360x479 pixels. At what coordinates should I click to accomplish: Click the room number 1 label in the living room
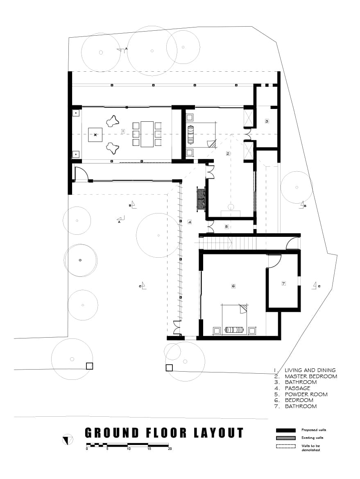point(123,131)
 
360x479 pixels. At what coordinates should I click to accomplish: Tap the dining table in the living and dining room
point(147,134)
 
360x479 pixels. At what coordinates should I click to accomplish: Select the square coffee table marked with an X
point(95,134)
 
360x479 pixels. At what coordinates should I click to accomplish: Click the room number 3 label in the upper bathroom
point(267,121)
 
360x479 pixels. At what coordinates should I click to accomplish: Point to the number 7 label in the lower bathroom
point(283,283)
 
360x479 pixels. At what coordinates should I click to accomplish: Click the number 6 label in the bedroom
point(233,286)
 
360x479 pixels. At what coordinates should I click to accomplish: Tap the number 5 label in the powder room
point(226,227)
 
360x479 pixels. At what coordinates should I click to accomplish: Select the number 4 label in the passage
point(190,222)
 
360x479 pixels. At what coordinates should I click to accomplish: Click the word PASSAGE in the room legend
point(297,388)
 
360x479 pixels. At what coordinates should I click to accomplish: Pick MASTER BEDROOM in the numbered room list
point(311,376)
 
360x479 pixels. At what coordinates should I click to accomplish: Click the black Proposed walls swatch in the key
point(285,430)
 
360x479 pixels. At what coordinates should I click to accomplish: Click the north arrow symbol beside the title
point(67,440)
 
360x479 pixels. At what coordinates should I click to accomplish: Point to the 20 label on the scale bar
point(170,449)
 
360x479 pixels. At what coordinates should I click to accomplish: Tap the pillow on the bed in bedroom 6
point(235,330)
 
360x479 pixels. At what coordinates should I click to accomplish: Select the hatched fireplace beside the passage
point(200,199)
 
